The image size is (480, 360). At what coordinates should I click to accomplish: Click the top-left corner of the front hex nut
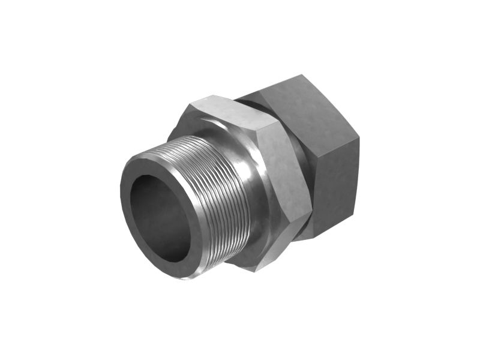pos(191,104)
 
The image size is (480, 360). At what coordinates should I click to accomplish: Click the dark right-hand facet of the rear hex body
pos(336,180)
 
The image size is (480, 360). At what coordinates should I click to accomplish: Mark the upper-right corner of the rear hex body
pos(359,137)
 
